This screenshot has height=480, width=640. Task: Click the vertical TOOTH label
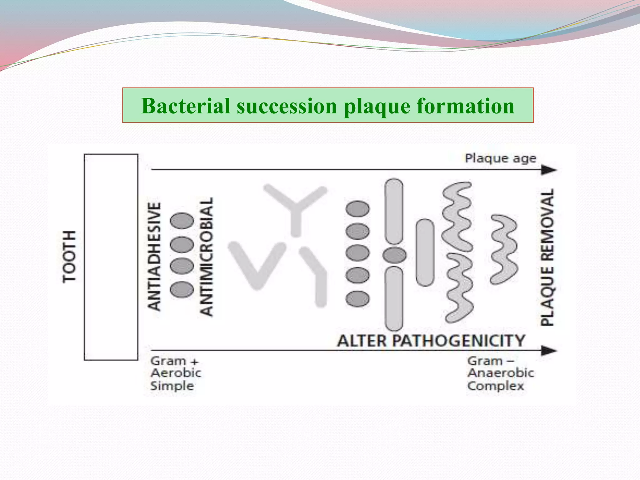69,257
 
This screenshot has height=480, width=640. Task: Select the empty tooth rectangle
111,257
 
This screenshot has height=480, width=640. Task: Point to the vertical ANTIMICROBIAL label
206,257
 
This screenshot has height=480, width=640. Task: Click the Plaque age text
500,158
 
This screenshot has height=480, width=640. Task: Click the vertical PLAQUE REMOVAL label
547,257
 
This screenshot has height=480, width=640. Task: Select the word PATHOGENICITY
458,341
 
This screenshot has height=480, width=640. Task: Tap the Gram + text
174,361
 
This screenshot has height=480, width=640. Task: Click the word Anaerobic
501,373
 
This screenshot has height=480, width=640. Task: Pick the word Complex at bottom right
495,386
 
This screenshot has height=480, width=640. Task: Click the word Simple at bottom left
172,386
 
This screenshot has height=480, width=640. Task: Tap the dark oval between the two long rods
394,255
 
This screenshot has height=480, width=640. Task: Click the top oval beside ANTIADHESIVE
182,221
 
